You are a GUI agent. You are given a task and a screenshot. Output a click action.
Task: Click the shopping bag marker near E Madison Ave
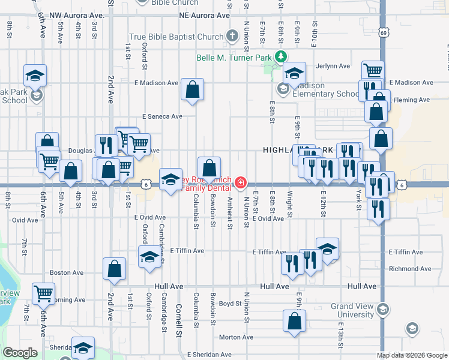[192, 90]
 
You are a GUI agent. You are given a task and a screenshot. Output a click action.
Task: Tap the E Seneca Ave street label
[162, 116]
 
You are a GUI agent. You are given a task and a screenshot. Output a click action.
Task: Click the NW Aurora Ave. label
[77, 14]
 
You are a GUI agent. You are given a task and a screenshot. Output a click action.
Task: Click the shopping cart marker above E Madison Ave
[373, 71]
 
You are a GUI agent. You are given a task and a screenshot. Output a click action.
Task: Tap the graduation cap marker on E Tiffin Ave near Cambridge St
[149, 257]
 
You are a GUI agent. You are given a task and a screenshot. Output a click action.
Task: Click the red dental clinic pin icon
[240, 182]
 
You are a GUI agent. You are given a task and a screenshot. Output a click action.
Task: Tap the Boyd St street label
[230, 304]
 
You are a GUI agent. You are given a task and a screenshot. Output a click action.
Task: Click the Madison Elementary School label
[326, 90]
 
